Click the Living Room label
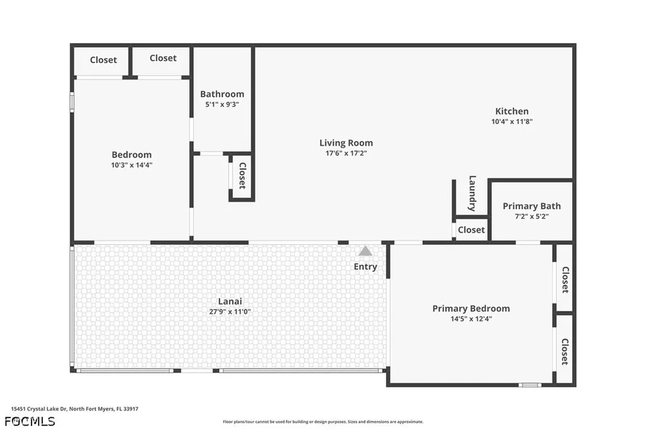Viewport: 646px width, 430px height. pos(346,143)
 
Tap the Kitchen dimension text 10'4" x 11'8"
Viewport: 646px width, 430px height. pos(512,122)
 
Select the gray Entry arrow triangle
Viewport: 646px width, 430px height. pos(365,251)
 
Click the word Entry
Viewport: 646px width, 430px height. pos(365,267)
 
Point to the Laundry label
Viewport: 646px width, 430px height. pos(472,194)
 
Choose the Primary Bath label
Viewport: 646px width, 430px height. pos(531,206)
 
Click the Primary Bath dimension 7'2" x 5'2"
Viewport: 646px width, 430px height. pos(531,216)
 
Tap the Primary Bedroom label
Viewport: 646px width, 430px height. pos(471,308)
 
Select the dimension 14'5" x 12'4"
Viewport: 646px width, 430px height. pos(471,319)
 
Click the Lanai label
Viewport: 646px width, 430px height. pos(230,301)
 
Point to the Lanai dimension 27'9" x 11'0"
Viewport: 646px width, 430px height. pos(230,311)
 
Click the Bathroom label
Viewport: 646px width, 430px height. pos(222,94)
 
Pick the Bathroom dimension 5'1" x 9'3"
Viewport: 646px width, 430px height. pos(222,104)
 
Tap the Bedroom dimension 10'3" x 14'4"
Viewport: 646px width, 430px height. pos(131,165)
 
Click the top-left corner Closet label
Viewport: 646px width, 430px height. pos(103,60)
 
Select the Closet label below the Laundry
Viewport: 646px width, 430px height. pos(471,230)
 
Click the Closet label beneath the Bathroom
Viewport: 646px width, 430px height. pos(242,176)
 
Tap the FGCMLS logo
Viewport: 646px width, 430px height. pos(30,421)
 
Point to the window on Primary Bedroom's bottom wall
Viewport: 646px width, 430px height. pos(529,385)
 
